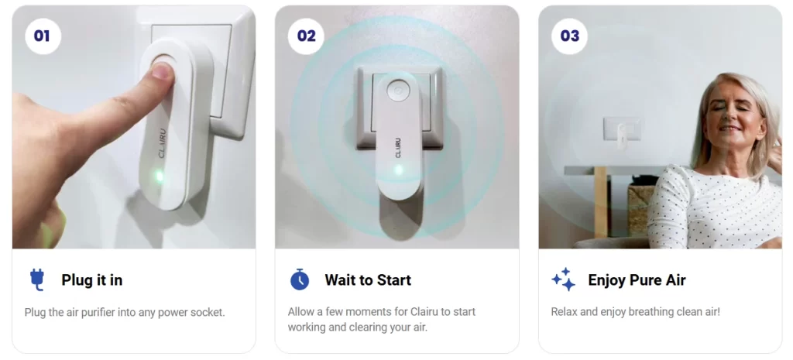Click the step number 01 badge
tap(43, 36)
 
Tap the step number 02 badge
tap(306, 36)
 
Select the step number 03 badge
tap(569, 36)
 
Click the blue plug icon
tap(37, 279)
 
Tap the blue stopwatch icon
tap(300, 279)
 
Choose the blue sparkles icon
tap(564, 279)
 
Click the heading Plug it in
tap(92, 280)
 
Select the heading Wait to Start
tap(368, 280)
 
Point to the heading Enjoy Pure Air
tap(637, 280)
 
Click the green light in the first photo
tap(160, 176)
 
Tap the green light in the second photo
tap(399, 170)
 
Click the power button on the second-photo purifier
tap(397, 92)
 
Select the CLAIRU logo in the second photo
tap(397, 146)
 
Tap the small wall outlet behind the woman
tap(622, 129)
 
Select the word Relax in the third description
tap(564, 311)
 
